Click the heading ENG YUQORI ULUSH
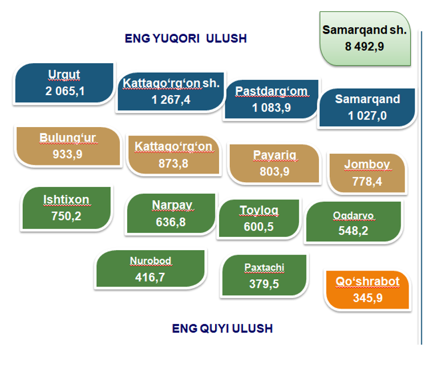point(185,38)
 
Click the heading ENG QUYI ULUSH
point(222,328)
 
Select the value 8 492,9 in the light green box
point(364,46)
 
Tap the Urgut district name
point(64,75)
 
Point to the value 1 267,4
point(171,100)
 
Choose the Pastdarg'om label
point(271,91)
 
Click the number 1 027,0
point(367,116)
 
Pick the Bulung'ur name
point(67,137)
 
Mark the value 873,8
point(173,163)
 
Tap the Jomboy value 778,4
point(367,182)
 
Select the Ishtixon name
point(66,199)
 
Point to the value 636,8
point(171,222)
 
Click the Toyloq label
point(259,211)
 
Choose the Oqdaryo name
point(353,215)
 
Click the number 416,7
point(150,277)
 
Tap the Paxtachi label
point(264,267)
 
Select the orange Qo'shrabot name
point(367,281)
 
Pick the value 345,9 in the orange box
point(368,298)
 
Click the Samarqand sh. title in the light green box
point(365,30)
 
